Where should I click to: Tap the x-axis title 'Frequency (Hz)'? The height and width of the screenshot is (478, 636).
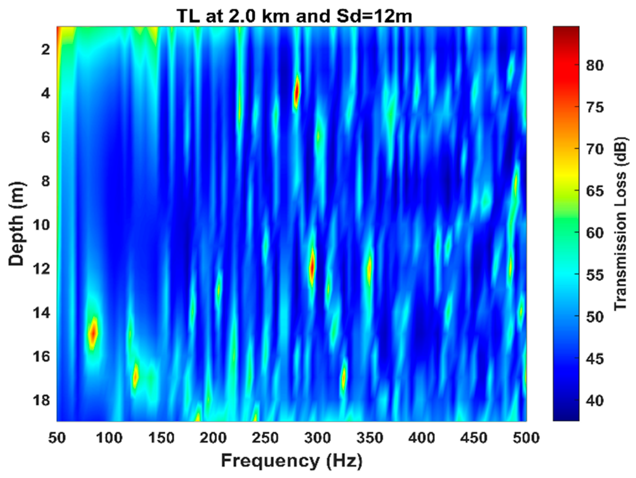292,461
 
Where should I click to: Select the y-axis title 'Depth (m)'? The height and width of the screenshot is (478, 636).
16,224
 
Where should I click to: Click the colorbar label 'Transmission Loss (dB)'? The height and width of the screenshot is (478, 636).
620,224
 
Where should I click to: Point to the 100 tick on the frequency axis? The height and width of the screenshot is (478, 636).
109,438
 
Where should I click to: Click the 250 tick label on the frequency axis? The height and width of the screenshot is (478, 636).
265,438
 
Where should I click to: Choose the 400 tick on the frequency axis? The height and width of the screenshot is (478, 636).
422,438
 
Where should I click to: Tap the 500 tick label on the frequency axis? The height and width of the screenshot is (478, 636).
526,438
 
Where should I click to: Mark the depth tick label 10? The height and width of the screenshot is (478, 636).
41,225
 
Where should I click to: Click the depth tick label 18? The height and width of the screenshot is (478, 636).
41,400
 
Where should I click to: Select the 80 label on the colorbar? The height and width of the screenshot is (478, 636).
595,66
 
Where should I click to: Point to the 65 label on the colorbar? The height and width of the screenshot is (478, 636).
595,191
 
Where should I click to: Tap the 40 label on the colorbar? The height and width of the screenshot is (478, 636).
595,401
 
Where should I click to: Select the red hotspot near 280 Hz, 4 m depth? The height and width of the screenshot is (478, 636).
296,91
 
